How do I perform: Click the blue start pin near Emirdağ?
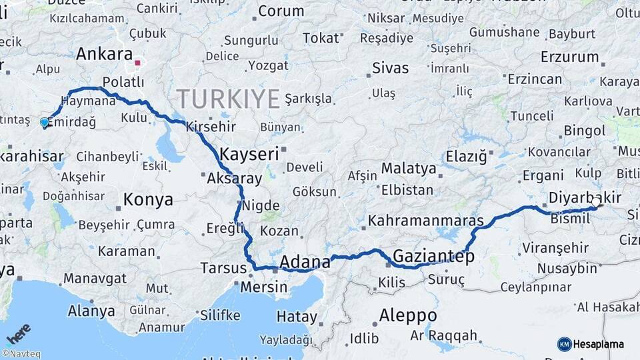point(45,122)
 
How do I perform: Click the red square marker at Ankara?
point(137,63)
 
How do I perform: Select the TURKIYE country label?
point(228,99)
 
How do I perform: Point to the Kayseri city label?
point(249,154)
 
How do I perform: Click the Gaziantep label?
point(433,256)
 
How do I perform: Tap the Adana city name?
point(305,261)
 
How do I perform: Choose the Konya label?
point(148,199)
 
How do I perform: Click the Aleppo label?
point(408,315)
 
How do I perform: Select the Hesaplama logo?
point(590,344)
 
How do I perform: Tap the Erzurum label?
point(570,57)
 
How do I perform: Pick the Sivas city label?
point(390,68)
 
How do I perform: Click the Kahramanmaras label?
point(425,220)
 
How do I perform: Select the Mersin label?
point(265,287)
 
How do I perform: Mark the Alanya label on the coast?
point(91,311)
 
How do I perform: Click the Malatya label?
point(408,168)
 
